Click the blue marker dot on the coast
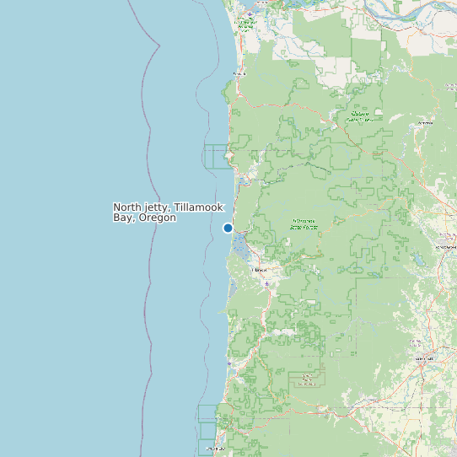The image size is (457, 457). pos(228,228)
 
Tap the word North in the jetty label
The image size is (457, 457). pos(127,207)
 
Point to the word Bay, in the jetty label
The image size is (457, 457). pos(125,218)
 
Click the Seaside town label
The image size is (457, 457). pos(239,73)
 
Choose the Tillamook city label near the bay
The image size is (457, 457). pos(261,270)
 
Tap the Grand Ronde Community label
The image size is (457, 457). pos(307,379)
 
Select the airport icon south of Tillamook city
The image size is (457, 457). pos(267,283)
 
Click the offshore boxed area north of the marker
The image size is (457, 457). pos(216,157)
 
